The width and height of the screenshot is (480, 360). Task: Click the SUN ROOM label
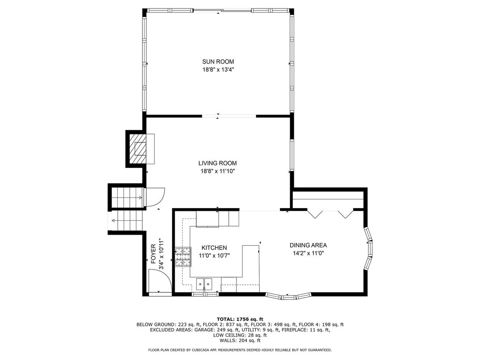(x=218, y=61)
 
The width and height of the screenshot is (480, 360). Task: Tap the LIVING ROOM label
(x=217, y=163)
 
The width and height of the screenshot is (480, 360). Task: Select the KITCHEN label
(x=214, y=248)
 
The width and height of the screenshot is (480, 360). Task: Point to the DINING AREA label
(x=308, y=245)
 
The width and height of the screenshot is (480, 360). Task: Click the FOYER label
(x=154, y=254)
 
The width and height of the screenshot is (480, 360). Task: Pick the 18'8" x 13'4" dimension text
(x=218, y=69)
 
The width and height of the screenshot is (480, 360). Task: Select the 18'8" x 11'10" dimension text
(x=217, y=171)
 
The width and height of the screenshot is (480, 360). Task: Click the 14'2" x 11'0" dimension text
(x=308, y=253)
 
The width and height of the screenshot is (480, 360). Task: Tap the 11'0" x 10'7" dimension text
(x=214, y=256)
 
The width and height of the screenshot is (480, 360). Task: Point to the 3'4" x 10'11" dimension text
(x=161, y=254)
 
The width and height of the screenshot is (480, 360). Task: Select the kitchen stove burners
(x=183, y=257)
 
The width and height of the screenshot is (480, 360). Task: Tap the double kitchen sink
(x=204, y=284)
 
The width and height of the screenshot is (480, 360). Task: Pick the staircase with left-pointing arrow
(x=128, y=220)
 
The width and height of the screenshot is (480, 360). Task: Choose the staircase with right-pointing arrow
(x=127, y=198)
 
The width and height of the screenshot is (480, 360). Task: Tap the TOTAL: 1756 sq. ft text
(x=240, y=319)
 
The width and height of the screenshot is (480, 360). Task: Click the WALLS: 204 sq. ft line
(x=240, y=340)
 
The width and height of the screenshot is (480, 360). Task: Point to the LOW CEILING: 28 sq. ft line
(x=240, y=335)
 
